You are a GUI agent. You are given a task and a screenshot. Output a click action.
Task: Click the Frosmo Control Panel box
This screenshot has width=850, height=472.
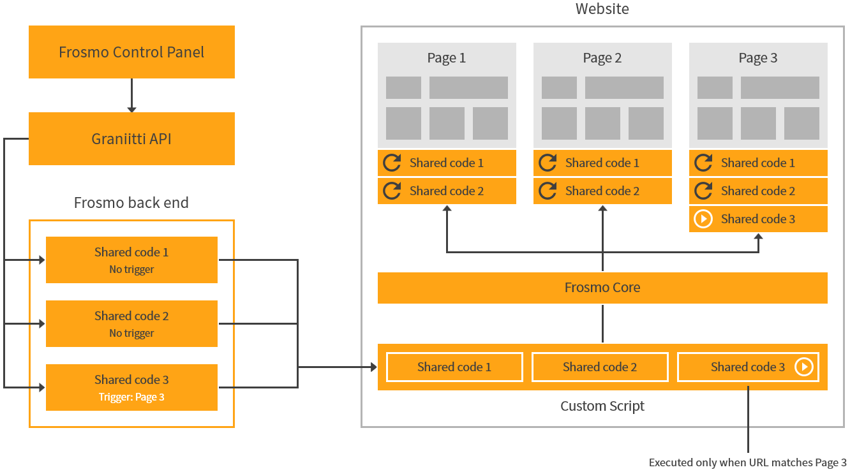(x=131, y=52)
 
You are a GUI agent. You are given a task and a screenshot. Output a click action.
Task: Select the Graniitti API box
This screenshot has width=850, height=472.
(x=131, y=138)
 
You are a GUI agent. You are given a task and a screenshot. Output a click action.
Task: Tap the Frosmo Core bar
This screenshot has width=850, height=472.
(x=602, y=288)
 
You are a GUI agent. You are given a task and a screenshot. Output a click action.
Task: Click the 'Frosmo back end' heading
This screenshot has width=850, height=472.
(x=131, y=203)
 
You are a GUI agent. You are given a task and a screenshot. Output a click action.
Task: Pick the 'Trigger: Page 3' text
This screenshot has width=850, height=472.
(x=131, y=397)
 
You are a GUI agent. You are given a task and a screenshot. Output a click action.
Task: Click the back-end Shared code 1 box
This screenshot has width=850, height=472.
(x=131, y=260)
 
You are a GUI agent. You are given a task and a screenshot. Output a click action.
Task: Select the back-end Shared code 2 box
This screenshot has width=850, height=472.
(x=131, y=323)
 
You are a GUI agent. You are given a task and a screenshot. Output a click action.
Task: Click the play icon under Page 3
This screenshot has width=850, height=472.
(x=703, y=219)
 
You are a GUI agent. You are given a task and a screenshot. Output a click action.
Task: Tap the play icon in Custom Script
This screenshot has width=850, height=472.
(x=804, y=367)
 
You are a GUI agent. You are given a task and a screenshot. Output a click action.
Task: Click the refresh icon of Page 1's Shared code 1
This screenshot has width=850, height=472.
(x=392, y=163)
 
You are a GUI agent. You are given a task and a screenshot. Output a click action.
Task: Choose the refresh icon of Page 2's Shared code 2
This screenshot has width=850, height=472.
(x=548, y=191)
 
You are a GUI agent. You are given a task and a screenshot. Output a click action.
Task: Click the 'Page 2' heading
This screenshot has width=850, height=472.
(x=602, y=58)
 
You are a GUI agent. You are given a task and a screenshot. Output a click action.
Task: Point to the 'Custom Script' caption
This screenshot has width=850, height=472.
(x=602, y=406)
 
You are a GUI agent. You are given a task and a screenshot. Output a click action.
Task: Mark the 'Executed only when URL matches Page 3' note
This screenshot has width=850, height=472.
(x=747, y=462)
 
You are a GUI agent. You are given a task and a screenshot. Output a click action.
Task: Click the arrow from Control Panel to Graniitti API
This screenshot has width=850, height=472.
(x=131, y=96)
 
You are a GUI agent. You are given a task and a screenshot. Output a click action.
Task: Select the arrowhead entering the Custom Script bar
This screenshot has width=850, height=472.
(x=373, y=367)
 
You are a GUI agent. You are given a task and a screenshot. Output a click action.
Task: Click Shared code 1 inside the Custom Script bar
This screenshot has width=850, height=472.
(x=454, y=367)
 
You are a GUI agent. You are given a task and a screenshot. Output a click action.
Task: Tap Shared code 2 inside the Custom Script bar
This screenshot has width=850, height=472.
(x=600, y=367)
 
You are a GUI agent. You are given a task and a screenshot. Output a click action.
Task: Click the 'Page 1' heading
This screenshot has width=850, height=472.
(x=447, y=58)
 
